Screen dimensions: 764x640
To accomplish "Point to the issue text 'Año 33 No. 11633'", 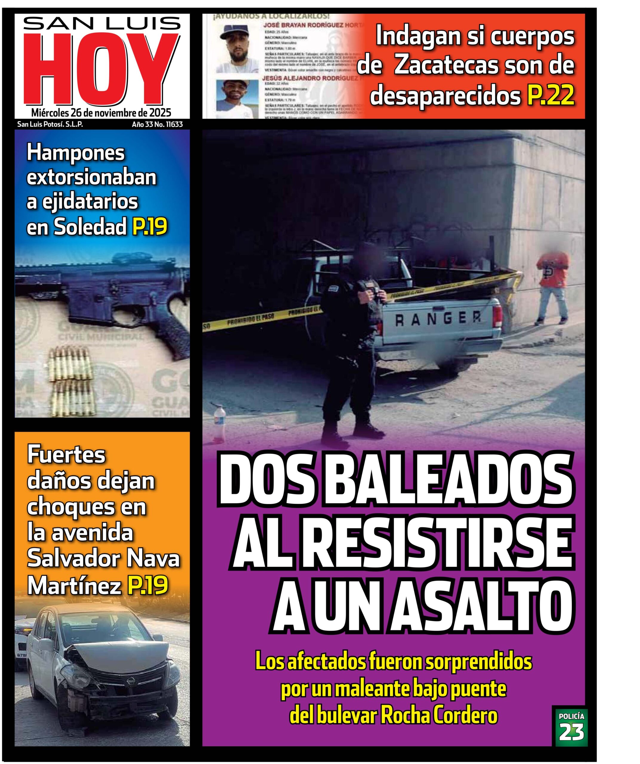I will click(157, 124).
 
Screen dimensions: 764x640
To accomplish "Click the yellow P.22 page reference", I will click(550, 96).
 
